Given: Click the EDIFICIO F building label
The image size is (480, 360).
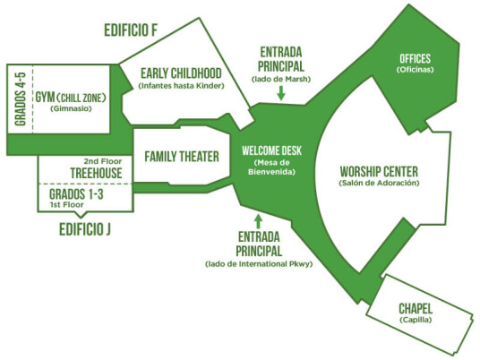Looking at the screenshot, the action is pyautogui.click(x=131, y=30).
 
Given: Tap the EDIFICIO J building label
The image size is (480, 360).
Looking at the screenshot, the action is pyautogui.click(x=85, y=229).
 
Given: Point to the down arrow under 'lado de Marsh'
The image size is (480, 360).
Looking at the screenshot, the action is pyautogui.click(x=281, y=93).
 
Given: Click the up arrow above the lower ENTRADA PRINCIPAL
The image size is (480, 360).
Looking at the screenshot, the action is pyautogui.click(x=259, y=221).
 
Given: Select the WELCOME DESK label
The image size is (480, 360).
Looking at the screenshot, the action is pyautogui.click(x=271, y=150).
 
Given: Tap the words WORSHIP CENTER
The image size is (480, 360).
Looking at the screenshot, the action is pyautogui.click(x=379, y=171).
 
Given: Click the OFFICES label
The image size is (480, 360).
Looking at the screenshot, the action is pyautogui.click(x=416, y=58).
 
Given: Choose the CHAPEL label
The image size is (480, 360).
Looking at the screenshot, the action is pyautogui.click(x=416, y=309).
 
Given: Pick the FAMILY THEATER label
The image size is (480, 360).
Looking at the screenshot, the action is pyautogui.click(x=182, y=157).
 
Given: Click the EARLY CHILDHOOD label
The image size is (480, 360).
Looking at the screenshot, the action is pyautogui.click(x=181, y=73).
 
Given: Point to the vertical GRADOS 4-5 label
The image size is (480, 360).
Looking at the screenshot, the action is pyautogui.click(x=21, y=99).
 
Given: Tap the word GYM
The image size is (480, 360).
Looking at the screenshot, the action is pyautogui.click(x=46, y=98).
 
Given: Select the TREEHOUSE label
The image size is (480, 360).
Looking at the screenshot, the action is pyautogui.click(x=96, y=173).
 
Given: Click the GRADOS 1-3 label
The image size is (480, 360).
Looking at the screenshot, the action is pyautogui.click(x=76, y=194).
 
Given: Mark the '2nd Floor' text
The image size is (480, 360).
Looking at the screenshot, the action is pyautogui.click(x=103, y=161).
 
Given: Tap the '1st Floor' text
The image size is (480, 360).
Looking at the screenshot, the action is pyautogui.click(x=67, y=205).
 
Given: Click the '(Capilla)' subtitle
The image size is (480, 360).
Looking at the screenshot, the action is pyautogui.click(x=416, y=320).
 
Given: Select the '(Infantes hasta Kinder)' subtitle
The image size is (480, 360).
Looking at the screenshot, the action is pyautogui.click(x=181, y=86).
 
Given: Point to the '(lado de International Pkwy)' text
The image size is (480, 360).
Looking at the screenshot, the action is pyautogui.click(x=259, y=264).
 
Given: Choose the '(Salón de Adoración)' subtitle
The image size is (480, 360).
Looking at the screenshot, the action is pyautogui.click(x=379, y=183).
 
